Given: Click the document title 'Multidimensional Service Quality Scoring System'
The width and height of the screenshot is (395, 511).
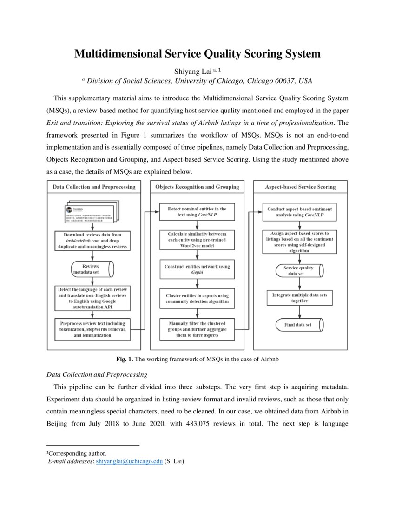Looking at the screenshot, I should click(197, 54).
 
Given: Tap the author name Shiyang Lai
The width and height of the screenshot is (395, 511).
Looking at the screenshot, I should click(185, 70).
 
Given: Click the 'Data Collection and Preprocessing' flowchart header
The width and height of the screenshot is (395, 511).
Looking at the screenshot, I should click(94, 187).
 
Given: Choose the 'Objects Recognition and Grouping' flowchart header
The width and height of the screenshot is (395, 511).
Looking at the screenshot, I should click(197, 187).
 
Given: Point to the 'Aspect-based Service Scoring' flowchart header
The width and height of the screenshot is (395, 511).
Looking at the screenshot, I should click(300, 187).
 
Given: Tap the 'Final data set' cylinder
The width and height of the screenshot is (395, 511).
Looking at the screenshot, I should click(298, 324).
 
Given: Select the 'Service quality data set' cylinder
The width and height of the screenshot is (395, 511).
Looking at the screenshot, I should click(298, 270).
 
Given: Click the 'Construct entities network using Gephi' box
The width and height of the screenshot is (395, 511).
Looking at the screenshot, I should click(197, 269).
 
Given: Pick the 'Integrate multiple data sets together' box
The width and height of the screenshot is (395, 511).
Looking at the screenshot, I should click(300, 298).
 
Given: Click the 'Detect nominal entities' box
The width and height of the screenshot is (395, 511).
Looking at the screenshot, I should click(197, 212).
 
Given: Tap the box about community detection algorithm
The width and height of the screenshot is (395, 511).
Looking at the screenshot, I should click(197, 298).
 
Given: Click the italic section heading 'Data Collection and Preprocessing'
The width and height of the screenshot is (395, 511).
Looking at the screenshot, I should click(97, 374).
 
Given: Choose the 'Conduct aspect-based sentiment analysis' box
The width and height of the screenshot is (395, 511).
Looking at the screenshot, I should click(300, 212).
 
